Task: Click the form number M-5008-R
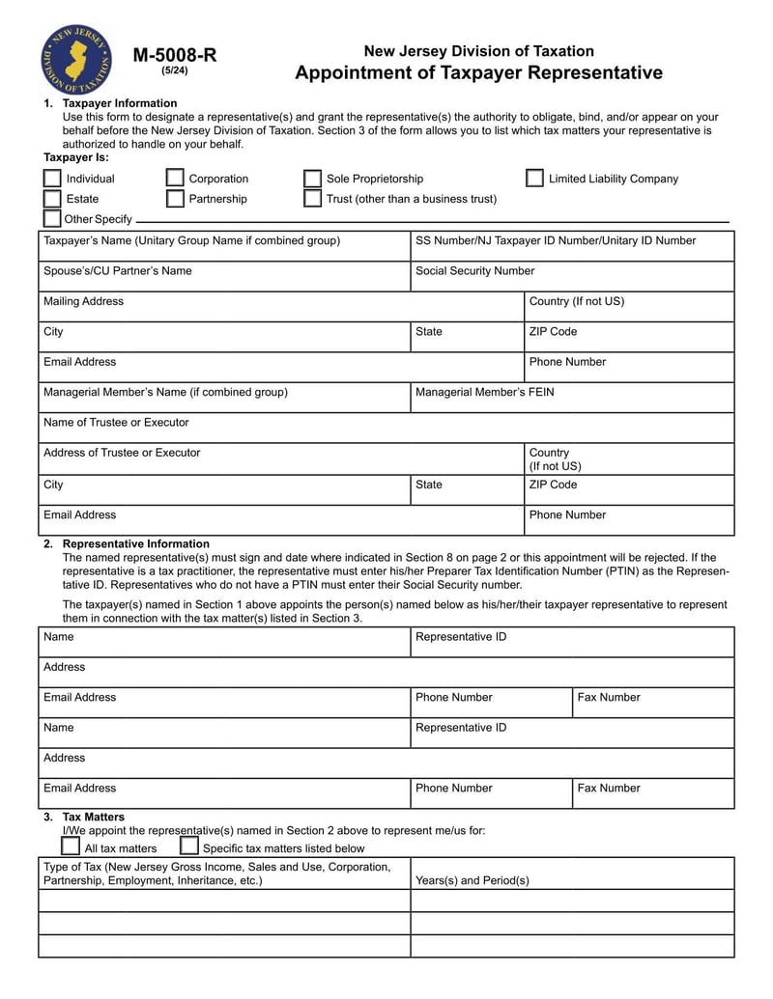[174, 55]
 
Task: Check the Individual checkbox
[52, 179]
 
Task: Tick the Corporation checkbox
[175, 179]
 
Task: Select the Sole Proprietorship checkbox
[312, 179]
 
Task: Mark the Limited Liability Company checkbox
[534, 179]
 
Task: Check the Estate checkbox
[52, 199]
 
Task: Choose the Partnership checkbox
[175, 199]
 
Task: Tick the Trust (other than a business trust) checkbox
[312, 199]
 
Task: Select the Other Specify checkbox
[52, 219]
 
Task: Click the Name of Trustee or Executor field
[386, 428]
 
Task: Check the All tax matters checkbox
[71, 846]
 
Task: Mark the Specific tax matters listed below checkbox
[189, 846]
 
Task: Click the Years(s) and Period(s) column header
[472, 880]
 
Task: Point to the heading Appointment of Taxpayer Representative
[478, 73]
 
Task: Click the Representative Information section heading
[135, 543]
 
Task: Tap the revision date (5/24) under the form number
[174, 70]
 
